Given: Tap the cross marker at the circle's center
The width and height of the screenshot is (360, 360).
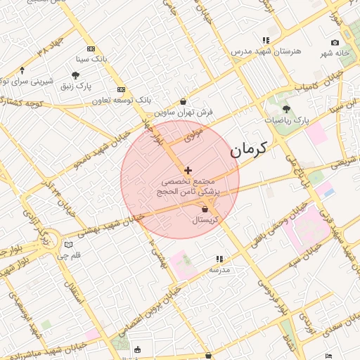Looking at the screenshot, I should pyautogui.click(x=188, y=170).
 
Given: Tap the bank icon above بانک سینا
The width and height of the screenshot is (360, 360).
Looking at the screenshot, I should pyautogui.click(x=91, y=49).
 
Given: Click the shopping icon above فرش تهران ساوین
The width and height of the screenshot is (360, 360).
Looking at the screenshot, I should pyautogui.click(x=184, y=101).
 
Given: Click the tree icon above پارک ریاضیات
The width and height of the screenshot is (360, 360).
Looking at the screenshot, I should pyautogui.click(x=286, y=109).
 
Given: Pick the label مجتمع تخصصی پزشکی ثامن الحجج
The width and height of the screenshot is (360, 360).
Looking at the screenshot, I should pyautogui.click(x=187, y=186).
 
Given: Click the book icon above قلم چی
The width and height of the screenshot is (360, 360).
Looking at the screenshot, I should pyautogui.click(x=67, y=245).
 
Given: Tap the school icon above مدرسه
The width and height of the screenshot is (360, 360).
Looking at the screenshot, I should pyautogui.click(x=219, y=259).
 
